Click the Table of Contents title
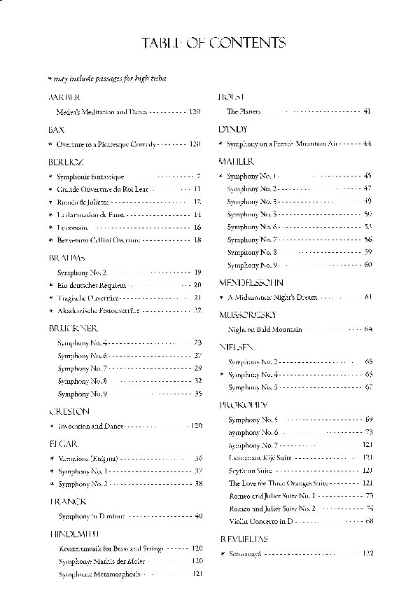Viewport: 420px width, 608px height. [213, 44]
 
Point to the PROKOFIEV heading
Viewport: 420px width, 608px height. [243, 405]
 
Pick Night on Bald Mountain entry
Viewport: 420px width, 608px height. [265, 329]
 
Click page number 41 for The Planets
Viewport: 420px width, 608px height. [367, 112]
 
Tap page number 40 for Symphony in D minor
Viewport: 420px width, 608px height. [198, 516]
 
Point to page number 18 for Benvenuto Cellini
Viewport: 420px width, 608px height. [197, 240]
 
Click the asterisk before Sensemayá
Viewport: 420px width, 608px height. [222, 553]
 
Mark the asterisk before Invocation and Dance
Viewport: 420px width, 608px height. [50, 426]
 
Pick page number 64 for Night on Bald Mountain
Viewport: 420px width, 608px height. [367, 329]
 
